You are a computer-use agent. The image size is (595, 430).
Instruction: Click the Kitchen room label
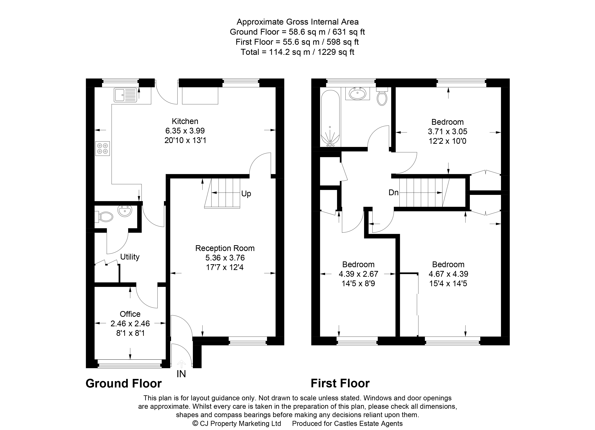coord(185,121)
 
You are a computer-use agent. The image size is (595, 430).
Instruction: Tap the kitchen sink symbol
coord(125,95)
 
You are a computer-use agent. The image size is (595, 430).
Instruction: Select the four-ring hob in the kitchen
coord(103,148)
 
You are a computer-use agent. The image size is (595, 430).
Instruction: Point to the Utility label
coord(130,257)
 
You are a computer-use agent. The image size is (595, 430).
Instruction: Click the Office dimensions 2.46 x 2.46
coord(130,324)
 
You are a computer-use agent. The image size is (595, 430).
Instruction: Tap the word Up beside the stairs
coord(246,194)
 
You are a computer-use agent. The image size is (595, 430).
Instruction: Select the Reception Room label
coord(225,248)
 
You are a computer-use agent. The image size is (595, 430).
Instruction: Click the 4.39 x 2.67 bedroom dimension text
coord(358,274)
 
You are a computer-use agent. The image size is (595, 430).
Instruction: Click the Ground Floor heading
coord(123,383)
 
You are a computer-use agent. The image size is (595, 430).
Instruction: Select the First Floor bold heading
coord(340,383)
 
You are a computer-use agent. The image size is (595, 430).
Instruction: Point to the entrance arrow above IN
coord(181,364)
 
